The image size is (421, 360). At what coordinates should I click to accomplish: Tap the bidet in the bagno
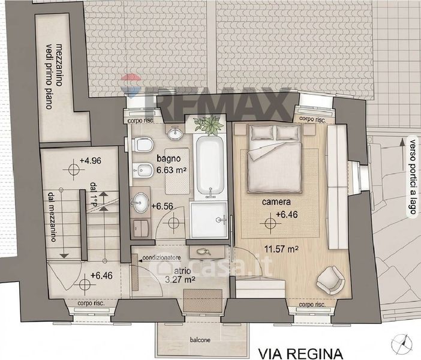143,170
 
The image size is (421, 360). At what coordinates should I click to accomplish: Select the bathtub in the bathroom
210,166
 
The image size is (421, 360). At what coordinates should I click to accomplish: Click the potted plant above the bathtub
209,125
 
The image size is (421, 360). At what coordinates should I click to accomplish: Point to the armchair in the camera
330,280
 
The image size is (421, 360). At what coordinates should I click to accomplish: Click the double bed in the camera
275,158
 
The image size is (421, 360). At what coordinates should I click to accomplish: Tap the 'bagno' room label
169,158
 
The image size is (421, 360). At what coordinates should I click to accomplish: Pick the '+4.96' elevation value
91,160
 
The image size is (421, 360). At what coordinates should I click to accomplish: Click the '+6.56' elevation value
162,206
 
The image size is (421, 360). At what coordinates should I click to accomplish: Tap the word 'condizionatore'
161,257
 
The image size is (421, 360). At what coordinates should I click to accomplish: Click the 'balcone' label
200,340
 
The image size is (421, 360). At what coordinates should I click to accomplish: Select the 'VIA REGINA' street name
300,354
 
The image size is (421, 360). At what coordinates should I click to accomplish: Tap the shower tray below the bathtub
209,220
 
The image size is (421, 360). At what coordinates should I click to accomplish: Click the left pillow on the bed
262,133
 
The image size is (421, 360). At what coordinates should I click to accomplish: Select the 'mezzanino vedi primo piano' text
53,76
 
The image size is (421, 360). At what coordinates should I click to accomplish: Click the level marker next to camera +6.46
270,223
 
